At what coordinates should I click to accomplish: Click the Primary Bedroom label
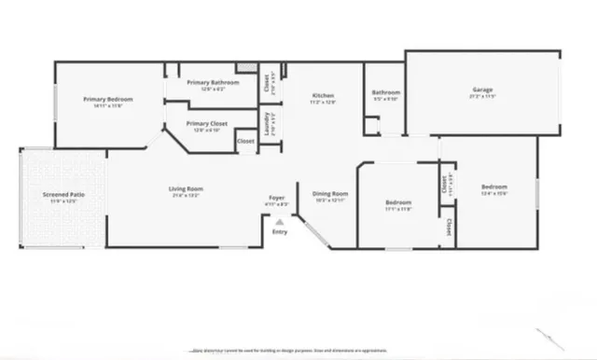[107, 99]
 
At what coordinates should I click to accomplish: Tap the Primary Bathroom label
[213, 82]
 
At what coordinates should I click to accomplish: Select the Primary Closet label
[206, 123]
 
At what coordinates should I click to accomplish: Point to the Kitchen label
[323, 96]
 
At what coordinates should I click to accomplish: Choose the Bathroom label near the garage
[385, 92]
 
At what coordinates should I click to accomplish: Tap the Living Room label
[186, 189]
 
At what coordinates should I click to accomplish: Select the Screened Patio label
[62, 195]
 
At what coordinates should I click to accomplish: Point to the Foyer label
[276, 198]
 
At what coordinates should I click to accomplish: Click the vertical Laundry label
[266, 125]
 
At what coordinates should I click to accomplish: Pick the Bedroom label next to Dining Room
[398, 202]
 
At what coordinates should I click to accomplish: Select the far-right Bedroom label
[493, 187]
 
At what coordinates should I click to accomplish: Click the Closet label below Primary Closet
[245, 141]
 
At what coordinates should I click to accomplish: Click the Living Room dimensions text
[186, 196]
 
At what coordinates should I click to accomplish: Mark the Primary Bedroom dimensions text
[107, 105]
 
